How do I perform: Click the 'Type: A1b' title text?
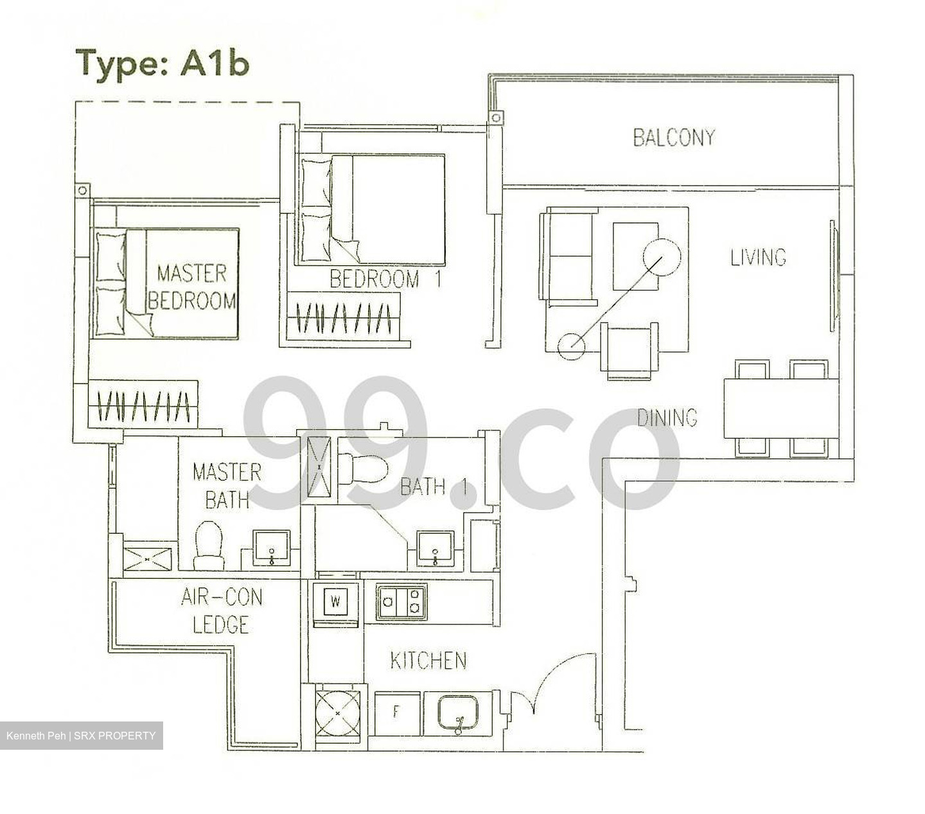pos(162,63)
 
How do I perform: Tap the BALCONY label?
pos(673,137)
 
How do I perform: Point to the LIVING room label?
pos(758,257)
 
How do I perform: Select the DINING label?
pos(667,418)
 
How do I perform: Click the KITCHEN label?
pos(428,660)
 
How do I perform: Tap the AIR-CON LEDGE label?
pos(222,611)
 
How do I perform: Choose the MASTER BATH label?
pos(227,486)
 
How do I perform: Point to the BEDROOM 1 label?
pos(385,279)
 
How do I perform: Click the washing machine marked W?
pos(335,603)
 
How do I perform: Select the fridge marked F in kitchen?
pos(396,712)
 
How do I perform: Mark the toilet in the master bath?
pos(209,545)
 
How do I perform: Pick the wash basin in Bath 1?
pos(436,548)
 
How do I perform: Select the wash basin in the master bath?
pos(272,547)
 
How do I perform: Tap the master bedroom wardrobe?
pos(143,405)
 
